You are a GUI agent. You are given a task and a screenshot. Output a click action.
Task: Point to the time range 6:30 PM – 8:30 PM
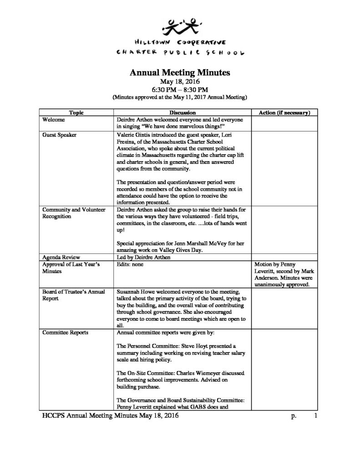[x=180, y=90]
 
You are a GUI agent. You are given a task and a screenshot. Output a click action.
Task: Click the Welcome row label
[x=53, y=119]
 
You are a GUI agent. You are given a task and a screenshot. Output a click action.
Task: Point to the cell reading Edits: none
[x=132, y=263]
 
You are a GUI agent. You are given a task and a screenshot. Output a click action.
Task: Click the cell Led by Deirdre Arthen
[x=143, y=256]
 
